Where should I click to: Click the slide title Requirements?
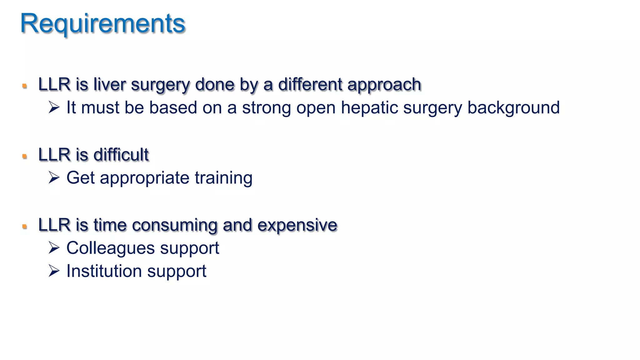click(103, 24)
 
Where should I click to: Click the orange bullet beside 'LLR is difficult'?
click(25, 156)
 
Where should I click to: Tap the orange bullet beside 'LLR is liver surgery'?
click(25, 86)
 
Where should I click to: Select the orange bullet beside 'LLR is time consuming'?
click(25, 227)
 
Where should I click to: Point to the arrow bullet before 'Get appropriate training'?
click(54, 177)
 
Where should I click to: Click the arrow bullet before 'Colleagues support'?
click(54, 248)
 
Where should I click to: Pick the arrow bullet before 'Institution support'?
click(54, 271)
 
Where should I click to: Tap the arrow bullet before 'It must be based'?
click(54, 107)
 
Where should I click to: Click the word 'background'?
click(513, 108)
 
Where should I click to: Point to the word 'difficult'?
click(121, 155)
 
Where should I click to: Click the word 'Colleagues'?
click(111, 248)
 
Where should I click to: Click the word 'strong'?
click(266, 108)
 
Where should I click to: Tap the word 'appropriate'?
click(145, 178)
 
